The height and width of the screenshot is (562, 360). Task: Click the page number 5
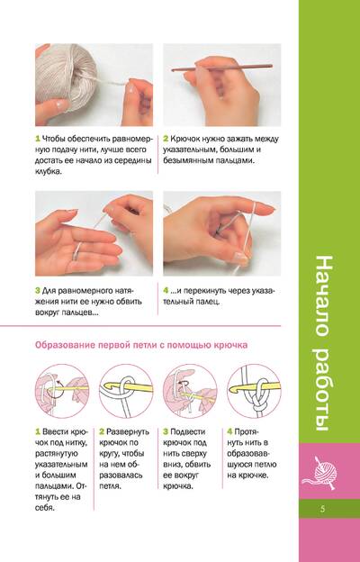coord(323,509)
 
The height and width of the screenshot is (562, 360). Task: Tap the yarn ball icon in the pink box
coord(319,473)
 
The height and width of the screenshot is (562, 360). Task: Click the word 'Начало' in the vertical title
coord(325,296)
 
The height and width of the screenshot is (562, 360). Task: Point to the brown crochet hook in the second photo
coord(221,67)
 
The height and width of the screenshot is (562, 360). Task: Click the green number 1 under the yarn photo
coord(37,139)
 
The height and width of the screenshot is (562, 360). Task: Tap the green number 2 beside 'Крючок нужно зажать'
coord(166,139)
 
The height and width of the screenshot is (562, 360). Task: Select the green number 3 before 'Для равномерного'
coord(37,291)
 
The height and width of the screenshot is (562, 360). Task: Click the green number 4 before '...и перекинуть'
coord(166,291)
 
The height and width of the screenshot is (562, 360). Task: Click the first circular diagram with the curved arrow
coord(61,391)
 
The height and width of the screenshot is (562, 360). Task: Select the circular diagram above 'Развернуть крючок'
coord(126,391)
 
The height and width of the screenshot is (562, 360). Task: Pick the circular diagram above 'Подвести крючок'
coord(190,391)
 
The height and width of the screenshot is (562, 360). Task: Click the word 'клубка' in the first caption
coord(47,172)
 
